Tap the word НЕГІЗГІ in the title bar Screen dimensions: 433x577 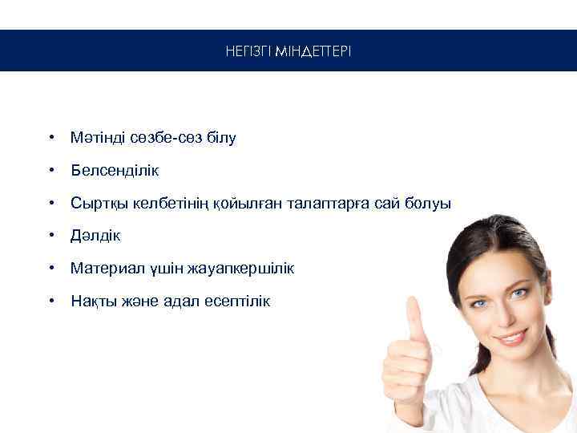tap(248, 51)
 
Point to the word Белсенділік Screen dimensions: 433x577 tap(115, 171)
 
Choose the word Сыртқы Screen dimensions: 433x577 tap(95, 204)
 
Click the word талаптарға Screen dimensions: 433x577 tap(334, 204)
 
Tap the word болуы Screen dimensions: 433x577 tap(430, 204)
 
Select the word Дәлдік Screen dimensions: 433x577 tap(95, 236)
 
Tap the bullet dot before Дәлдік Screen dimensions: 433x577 tap(50, 236)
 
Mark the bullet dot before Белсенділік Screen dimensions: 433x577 tap(50, 171)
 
